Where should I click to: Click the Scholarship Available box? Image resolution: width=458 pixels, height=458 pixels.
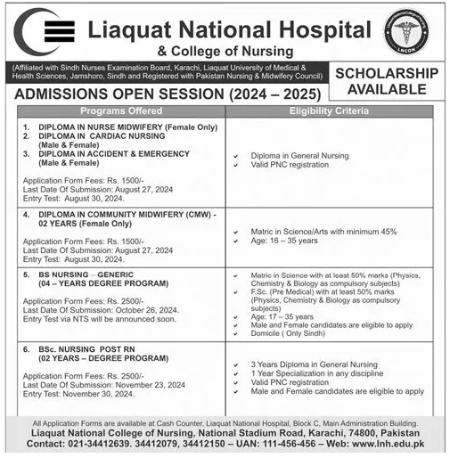click(387, 80)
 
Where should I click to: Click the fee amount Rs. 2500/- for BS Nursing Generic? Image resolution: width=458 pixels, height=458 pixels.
click(128, 302)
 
